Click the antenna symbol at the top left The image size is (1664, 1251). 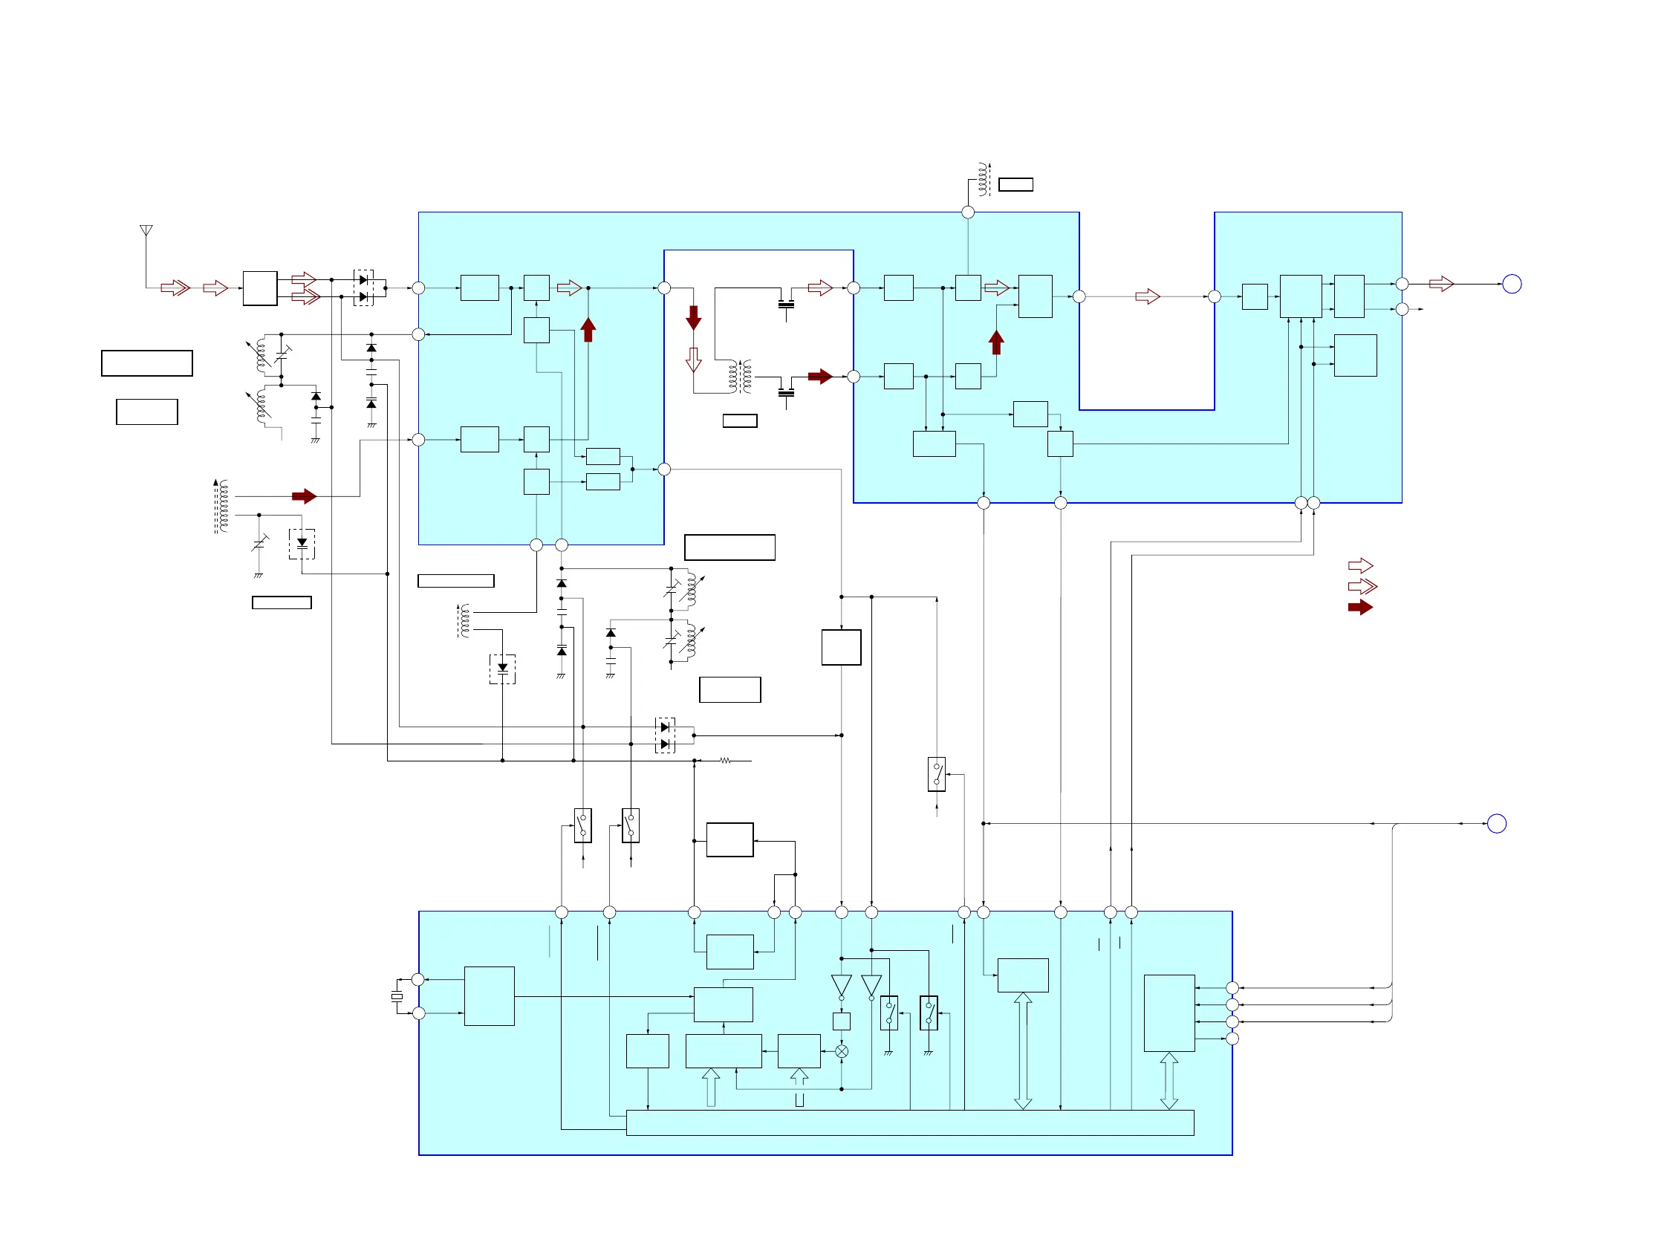click(x=146, y=230)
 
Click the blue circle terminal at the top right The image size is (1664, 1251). click(x=1511, y=284)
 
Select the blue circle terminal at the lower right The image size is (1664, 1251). click(x=1496, y=823)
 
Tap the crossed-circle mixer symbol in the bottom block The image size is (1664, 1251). click(x=842, y=1051)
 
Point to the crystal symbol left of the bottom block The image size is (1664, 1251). click(x=397, y=996)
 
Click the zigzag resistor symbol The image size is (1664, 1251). click(x=725, y=761)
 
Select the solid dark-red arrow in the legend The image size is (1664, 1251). click(x=1360, y=607)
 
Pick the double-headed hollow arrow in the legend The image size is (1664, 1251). click(x=1362, y=586)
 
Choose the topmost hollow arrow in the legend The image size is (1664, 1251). click(x=1360, y=565)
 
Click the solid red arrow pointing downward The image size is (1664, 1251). click(x=694, y=317)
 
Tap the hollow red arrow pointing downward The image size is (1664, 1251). click(x=694, y=360)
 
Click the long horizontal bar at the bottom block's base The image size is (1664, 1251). click(x=909, y=1122)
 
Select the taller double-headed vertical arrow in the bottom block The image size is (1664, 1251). click(x=1022, y=1051)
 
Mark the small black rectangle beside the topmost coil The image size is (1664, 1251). click(x=1015, y=184)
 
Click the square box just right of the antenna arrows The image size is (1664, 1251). click(x=259, y=288)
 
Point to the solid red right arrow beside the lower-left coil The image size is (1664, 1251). click(x=304, y=495)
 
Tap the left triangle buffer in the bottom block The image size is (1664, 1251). click(x=841, y=986)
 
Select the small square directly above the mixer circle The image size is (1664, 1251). click(x=841, y=1021)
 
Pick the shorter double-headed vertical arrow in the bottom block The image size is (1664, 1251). click(x=1169, y=1080)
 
